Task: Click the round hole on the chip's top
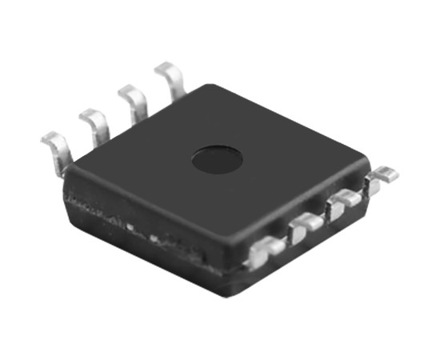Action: (217, 158)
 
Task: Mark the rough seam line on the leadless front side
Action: (144, 232)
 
